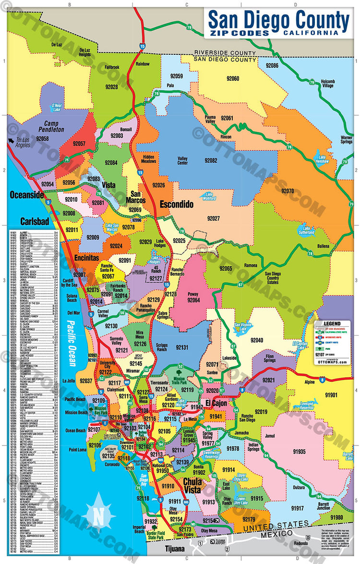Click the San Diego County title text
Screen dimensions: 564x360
pos(278,20)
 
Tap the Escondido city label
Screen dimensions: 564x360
pos(176,204)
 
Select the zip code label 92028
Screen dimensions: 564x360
pos(111,87)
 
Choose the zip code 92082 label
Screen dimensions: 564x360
pos(211,160)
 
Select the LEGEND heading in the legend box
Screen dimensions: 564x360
pos(332,324)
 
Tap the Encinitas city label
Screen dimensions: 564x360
pos(86,257)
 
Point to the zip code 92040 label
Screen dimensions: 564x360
pos(257,340)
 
